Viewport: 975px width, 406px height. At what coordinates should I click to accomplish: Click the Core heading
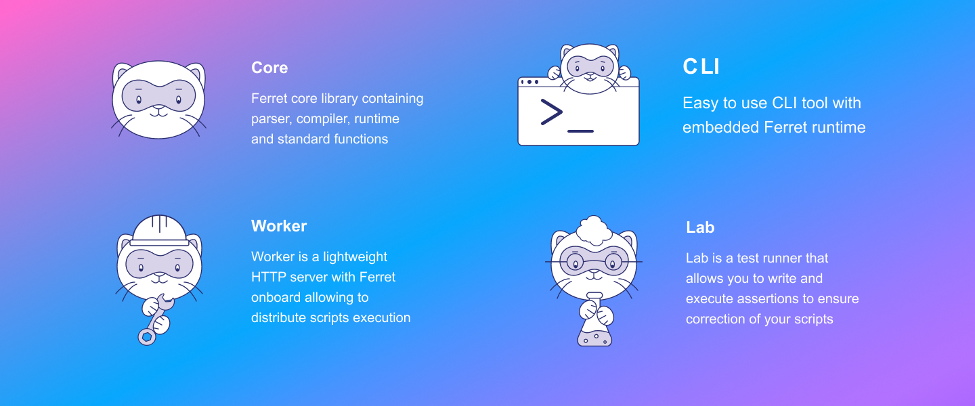pyautogui.click(x=269, y=68)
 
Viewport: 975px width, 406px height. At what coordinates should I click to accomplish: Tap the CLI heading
pyautogui.click(x=701, y=66)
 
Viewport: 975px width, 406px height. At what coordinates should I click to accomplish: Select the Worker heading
pyautogui.click(x=279, y=226)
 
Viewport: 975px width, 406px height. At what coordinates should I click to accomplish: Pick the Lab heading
pyautogui.click(x=700, y=227)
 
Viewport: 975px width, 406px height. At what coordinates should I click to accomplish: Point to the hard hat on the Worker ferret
pyautogui.click(x=159, y=230)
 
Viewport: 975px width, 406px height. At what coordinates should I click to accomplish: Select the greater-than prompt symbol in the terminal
pyautogui.click(x=551, y=112)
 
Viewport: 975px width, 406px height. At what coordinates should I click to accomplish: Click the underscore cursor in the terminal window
pyautogui.click(x=581, y=131)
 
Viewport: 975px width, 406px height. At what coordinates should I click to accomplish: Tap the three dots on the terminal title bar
pyautogui.click(x=529, y=82)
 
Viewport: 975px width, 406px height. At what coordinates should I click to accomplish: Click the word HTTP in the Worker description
pyautogui.click(x=269, y=277)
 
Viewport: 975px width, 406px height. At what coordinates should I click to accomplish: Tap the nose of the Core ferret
pyautogui.click(x=159, y=108)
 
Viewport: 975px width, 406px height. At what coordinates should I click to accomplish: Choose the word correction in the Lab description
pyautogui.click(x=716, y=319)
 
